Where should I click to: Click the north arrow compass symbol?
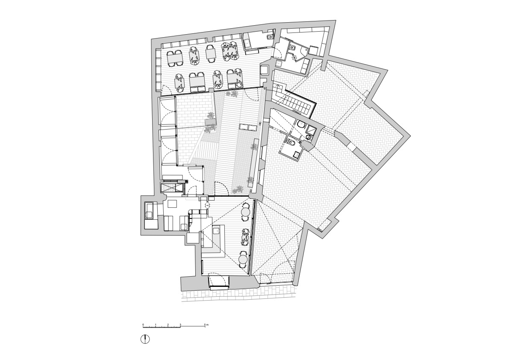click(x=145, y=339)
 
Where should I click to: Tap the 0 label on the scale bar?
click(x=143, y=324)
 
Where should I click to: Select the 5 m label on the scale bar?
click(x=206, y=324)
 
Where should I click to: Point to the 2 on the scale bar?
click(x=168, y=324)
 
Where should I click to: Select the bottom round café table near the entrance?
click(x=244, y=259)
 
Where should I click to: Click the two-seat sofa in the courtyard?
click(x=247, y=127)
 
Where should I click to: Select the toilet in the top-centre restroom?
click(x=269, y=38)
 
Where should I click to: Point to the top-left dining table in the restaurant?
click(x=175, y=58)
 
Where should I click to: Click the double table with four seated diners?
click(x=230, y=51)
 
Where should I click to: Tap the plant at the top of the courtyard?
click(x=232, y=94)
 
